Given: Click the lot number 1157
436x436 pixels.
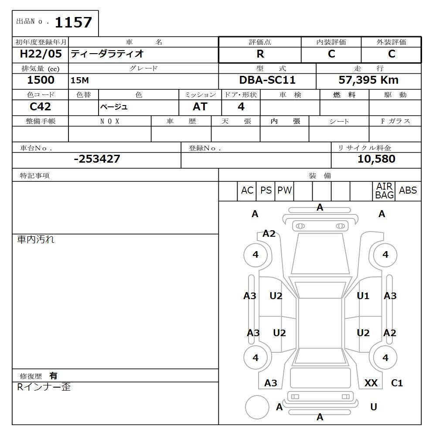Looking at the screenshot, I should (73, 22).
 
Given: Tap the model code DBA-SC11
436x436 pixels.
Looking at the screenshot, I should (267, 80).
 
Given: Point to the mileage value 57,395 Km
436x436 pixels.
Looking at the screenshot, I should (368, 80).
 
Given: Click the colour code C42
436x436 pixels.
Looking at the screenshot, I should (40, 106).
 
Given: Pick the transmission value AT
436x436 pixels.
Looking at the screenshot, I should (200, 107).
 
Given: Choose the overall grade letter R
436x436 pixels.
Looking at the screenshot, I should (260, 54).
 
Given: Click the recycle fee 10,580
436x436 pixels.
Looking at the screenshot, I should (376, 159).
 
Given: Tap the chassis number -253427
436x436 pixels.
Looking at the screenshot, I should (97, 159).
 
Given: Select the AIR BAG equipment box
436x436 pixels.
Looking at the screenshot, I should (385, 191).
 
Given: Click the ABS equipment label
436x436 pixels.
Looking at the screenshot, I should (408, 191).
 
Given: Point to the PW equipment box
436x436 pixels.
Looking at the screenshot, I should (285, 191).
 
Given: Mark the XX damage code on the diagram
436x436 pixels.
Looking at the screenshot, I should (371, 383).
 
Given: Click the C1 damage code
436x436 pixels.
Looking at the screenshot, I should (397, 383).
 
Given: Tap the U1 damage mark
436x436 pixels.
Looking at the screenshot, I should (363, 296).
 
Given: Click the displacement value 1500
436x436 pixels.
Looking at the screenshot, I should (41, 80).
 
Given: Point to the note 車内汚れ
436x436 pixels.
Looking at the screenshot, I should (36, 239).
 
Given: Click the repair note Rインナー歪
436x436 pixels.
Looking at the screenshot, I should (44, 387).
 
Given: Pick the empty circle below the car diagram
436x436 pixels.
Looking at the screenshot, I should (257, 407).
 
